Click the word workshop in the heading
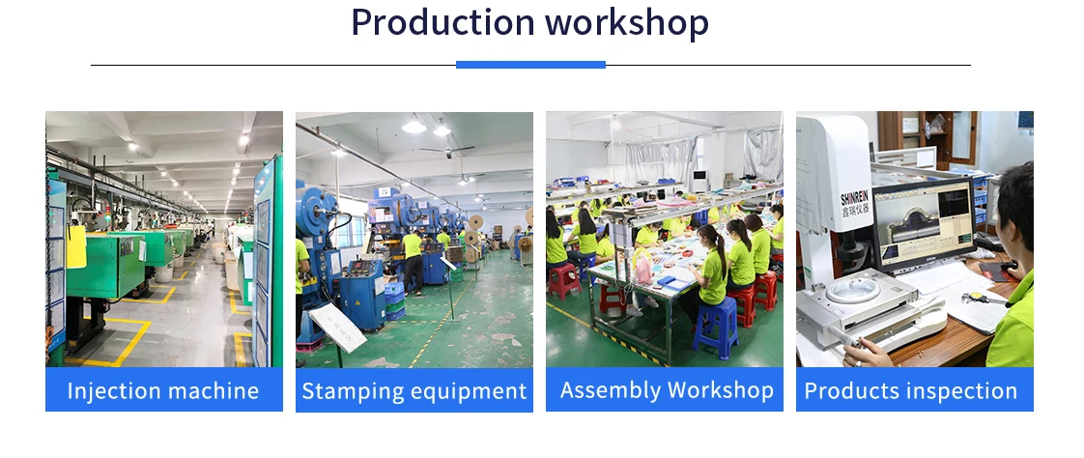[627, 23]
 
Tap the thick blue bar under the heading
[531, 65]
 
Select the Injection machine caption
[163, 391]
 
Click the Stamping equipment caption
[414, 391]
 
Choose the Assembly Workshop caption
[667, 390]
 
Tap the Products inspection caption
[910, 391]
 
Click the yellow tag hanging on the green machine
[76, 246]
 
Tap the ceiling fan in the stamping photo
[448, 149]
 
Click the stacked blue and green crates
[394, 301]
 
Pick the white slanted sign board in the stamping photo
[337, 328]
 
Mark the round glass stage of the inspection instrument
[852, 289]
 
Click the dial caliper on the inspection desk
[981, 299]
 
